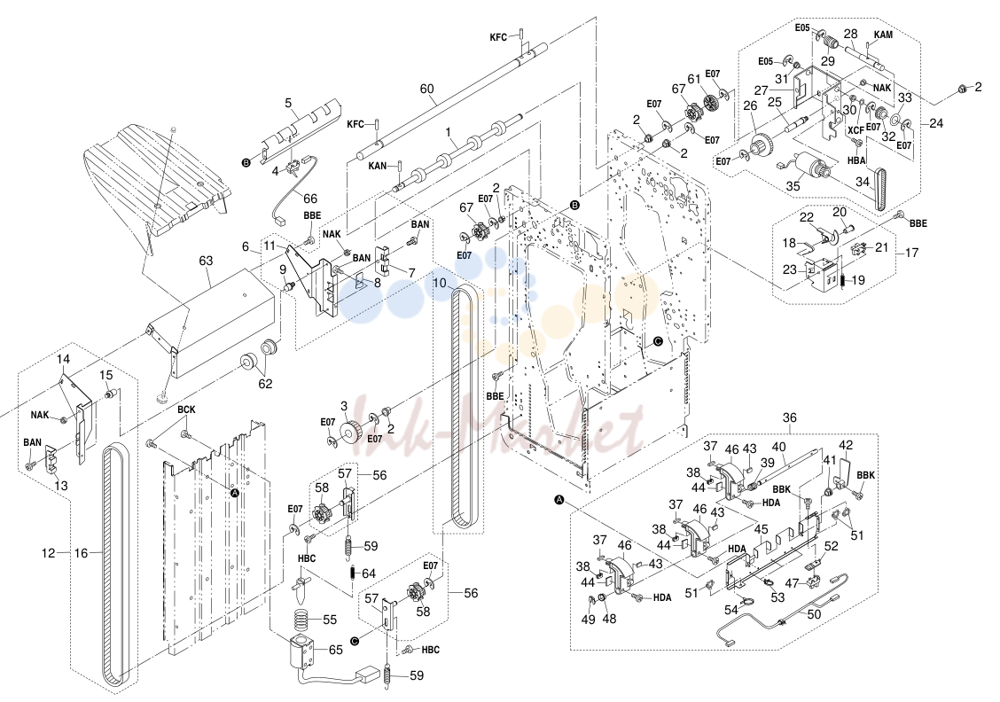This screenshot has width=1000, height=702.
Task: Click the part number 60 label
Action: tap(426, 90)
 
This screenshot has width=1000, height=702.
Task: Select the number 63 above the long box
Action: tap(206, 261)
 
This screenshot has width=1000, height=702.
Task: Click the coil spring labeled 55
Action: tap(306, 619)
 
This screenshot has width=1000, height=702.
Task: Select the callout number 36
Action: tap(790, 418)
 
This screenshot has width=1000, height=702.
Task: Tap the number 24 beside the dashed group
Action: tap(935, 123)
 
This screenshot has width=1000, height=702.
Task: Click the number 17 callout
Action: tap(912, 253)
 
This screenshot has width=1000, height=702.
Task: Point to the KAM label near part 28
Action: tap(883, 35)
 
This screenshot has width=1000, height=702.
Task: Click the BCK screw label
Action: tap(186, 410)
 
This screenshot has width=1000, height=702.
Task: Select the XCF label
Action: tap(855, 130)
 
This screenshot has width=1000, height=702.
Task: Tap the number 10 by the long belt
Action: tap(440, 283)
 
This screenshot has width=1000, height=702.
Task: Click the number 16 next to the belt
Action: tap(81, 553)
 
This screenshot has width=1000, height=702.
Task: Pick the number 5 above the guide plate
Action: tap(288, 103)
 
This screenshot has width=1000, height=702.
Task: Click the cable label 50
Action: tap(815, 614)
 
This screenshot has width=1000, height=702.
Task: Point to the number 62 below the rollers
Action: tap(265, 384)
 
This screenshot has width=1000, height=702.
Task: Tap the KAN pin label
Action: tap(378, 166)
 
